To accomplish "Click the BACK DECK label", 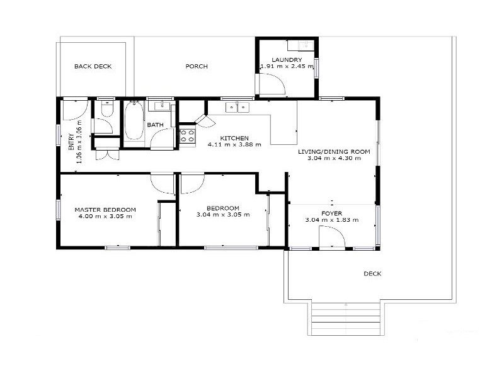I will [x=93, y=66].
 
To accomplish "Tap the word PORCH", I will [x=197, y=66].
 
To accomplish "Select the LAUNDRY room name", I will [x=287, y=59].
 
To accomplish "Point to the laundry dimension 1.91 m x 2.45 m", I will [x=287, y=66].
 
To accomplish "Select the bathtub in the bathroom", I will [x=134, y=122].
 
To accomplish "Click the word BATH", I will [x=155, y=125].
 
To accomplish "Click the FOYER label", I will [x=331, y=213].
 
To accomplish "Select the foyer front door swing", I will [x=331, y=238].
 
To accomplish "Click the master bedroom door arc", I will [x=162, y=184].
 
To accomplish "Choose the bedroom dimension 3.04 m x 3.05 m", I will [x=223, y=215].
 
